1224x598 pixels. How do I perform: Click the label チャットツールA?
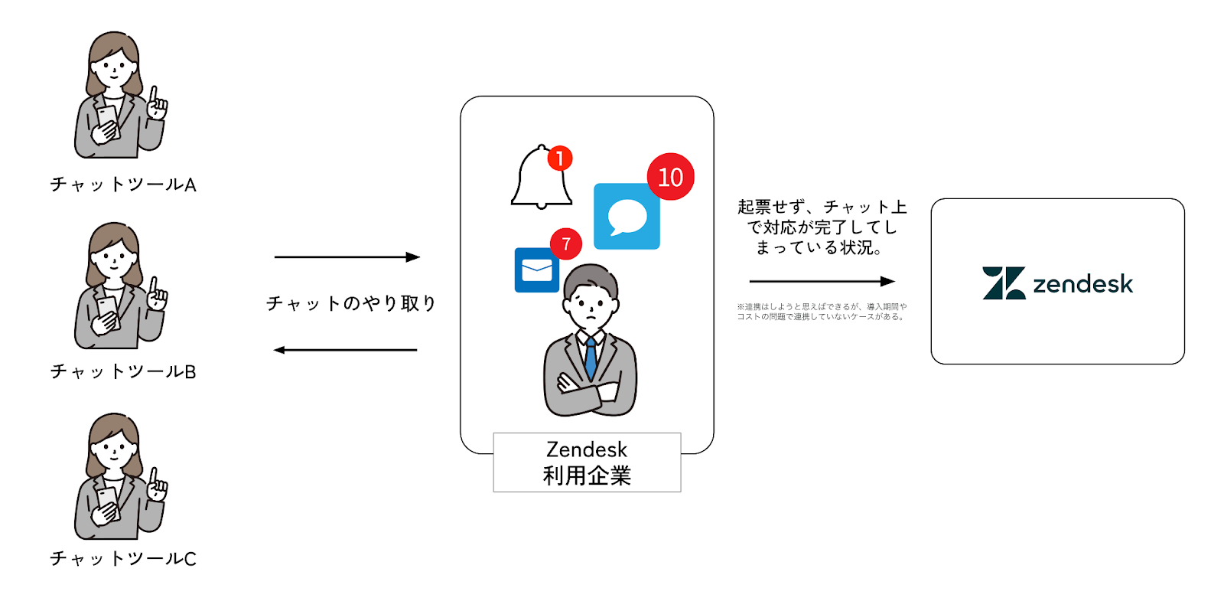click(x=123, y=185)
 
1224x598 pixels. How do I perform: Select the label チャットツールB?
click(x=123, y=371)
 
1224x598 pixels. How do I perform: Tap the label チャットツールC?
click(x=123, y=558)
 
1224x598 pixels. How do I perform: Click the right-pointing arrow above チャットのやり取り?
click(x=347, y=257)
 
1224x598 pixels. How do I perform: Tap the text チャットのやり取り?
click(x=350, y=304)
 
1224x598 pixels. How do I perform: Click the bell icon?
click(x=540, y=179)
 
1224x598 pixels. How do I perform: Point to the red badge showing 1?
click(x=560, y=158)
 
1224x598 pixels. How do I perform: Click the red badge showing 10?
click(x=670, y=177)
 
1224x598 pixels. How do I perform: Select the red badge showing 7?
click(x=566, y=244)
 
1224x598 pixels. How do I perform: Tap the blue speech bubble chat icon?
click(x=627, y=217)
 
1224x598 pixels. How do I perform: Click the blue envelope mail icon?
click(x=536, y=270)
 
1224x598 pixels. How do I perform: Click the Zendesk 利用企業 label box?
click(x=587, y=462)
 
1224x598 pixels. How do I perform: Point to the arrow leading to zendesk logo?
click(x=822, y=281)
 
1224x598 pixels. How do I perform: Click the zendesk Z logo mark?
click(x=1003, y=283)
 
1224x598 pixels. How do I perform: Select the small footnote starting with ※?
click(x=822, y=312)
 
